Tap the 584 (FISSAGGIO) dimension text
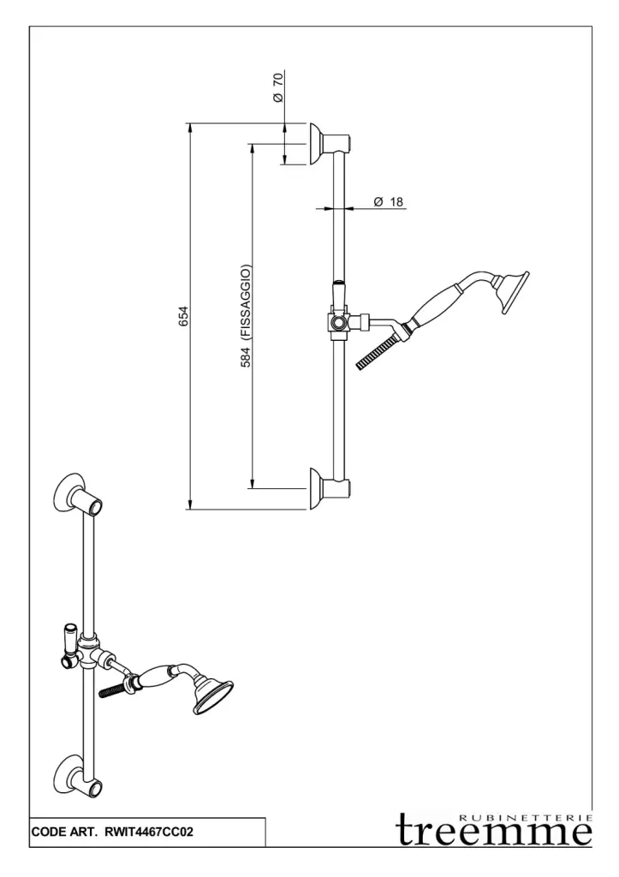[246, 316]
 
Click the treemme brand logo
[494, 830]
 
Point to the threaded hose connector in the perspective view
[112, 689]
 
